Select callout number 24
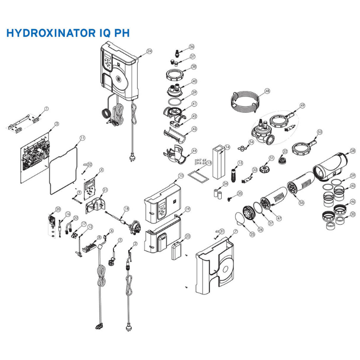(x=149, y=51)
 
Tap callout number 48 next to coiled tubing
(x=267, y=91)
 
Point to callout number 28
(x=353, y=151)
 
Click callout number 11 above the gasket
(x=82, y=138)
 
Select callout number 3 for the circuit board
(x=57, y=123)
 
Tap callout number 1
(x=47, y=109)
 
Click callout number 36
(x=192, y=47)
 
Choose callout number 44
(x=194, y=151)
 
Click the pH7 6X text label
(x=200, y=160)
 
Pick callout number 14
(x=228, y=147)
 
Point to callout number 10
(x=180, y=176)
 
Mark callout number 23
(x=188, y=236)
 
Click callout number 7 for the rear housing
(x=235, y=231)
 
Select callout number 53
(x=320, y=132)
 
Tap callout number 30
(x=353, y=214)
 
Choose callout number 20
(x=58, y=209)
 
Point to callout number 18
(x=126, y=208)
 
